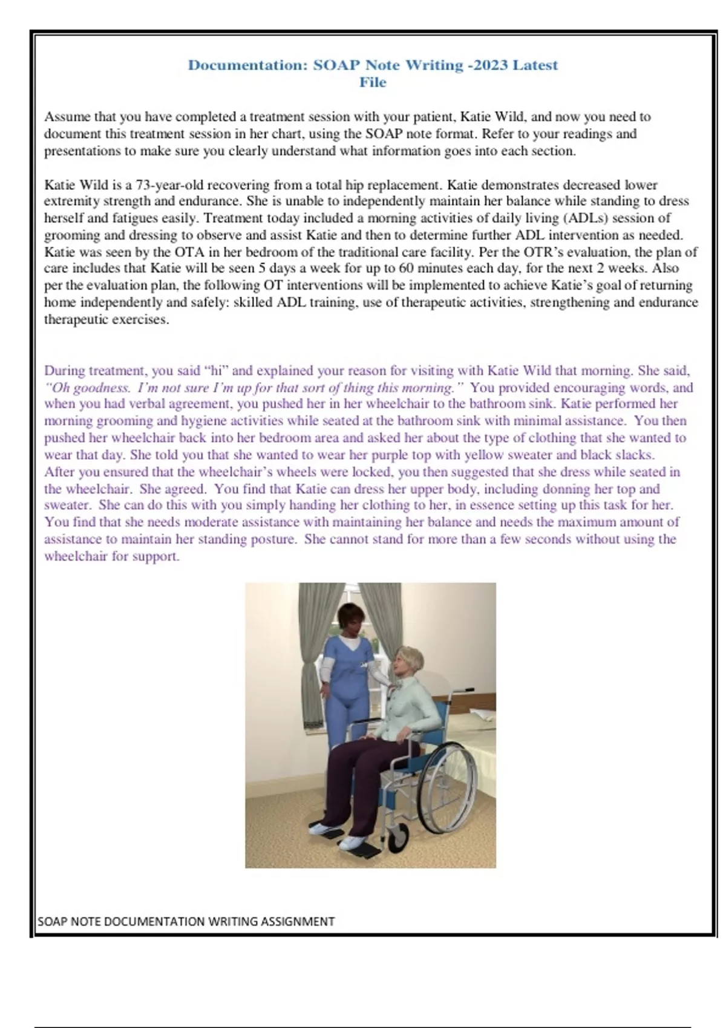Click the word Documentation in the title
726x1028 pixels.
pos(247,65)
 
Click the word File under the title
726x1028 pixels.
pos(373,82)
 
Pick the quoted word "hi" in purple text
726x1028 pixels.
pos(215,371)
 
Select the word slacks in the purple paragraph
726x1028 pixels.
pos(633,455)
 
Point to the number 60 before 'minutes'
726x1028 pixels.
pos(407,268)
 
